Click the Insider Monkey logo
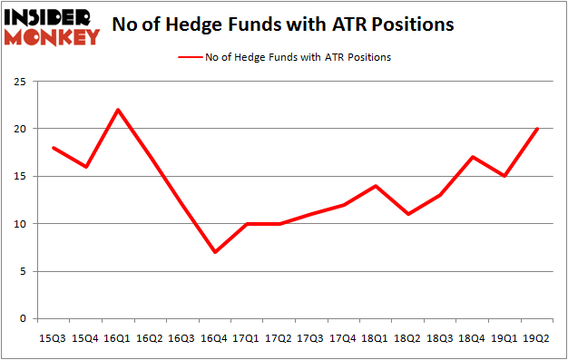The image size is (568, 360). click(x=53, y=26)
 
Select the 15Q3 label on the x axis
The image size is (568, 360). click(x=53, y=338)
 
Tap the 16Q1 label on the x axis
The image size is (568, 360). click(x=118, y=338)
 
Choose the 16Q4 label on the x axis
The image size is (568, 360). click(x=215, y=338)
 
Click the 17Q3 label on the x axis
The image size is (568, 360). click(x=311, y=338)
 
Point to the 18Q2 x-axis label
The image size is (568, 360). click(x=408, y=338)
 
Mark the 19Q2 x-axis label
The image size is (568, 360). click(x=537, y=338)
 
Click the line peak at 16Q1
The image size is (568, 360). click(x=118, y=110)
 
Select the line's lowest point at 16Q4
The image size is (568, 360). click(x=215, y=252)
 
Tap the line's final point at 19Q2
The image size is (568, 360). click(x=537, y=129)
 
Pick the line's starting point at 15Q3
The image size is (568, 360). click(x=53, y=148)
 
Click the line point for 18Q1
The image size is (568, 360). click(x=376, y=186)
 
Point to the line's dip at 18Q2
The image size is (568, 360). click(x=408, y=214)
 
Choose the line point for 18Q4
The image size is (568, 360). click(x=473, y=157)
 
